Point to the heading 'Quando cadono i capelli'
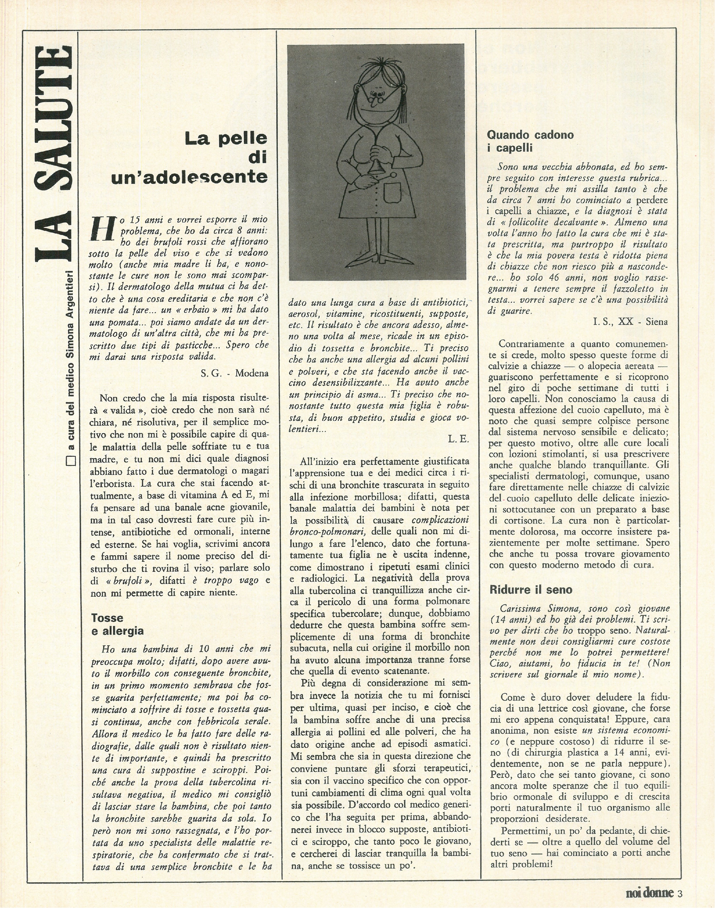click(x=530, y=141)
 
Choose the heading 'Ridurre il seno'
click(x=531, y=590)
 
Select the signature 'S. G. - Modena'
click(x=235, y=373)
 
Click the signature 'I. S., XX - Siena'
click(x=630, y=322)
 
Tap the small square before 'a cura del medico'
click(x=71, y=461)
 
